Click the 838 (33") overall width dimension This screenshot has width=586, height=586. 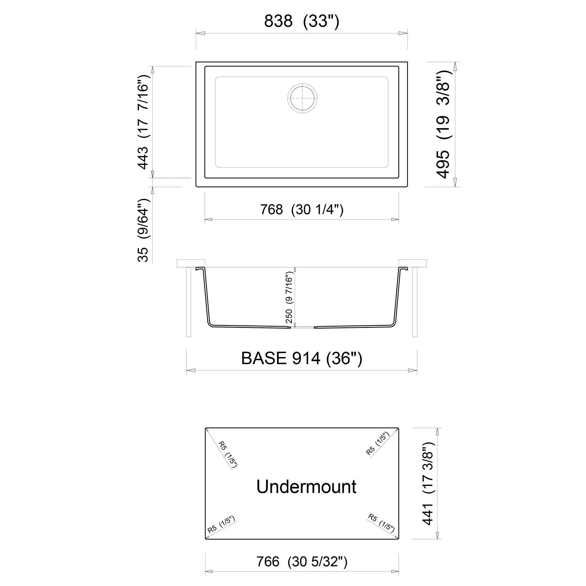tap(302, 21)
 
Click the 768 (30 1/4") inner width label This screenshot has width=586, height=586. tap(302, 210)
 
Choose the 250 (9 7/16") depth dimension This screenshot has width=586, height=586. tap(289, 298)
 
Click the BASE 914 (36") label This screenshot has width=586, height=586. tap(302, 358)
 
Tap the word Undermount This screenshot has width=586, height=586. tap(306, 487)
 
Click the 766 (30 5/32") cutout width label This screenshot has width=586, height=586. tap(302, 562)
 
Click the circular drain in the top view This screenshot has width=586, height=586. tap(302, 98)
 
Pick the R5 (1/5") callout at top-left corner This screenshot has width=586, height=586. tap(227, 454)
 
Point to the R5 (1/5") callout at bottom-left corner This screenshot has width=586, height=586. tap(221, 525)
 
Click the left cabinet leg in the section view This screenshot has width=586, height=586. tap(189, 302)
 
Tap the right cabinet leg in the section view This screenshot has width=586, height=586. tap(415, 302)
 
